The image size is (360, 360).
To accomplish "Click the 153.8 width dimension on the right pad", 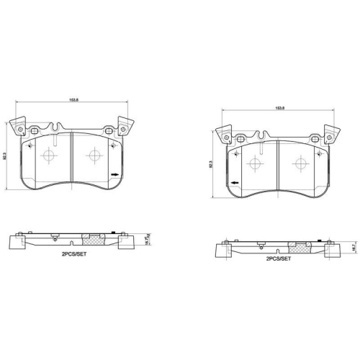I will point(279,108).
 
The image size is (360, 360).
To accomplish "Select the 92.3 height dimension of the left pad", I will point(5,155).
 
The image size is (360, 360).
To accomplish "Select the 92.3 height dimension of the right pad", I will point(211,164).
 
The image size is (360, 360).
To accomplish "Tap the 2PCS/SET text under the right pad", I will point(279,258).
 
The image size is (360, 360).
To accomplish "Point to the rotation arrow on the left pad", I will point(115,174).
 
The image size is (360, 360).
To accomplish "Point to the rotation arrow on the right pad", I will point(234,181).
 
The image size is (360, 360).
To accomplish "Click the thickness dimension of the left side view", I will point(147,237).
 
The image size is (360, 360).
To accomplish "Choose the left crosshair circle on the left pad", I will point(49,156).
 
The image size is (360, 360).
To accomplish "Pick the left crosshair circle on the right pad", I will point(253,164).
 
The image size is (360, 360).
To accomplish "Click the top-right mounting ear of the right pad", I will point(333,135).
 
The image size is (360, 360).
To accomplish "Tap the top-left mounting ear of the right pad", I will point(225,135).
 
